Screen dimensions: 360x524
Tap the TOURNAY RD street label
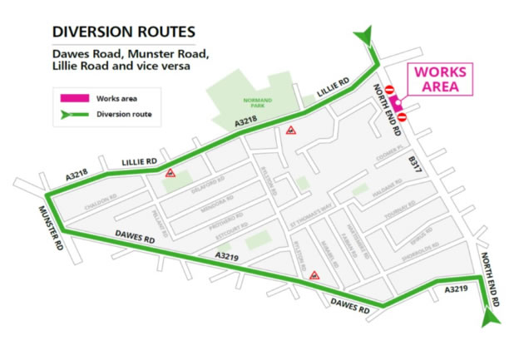pos(408,213)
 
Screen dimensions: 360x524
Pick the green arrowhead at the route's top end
pos(364,35)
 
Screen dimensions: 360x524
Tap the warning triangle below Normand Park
pos(291,131)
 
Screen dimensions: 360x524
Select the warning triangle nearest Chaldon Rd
pos(171,173)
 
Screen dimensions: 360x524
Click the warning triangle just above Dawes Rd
pos(314,274)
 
